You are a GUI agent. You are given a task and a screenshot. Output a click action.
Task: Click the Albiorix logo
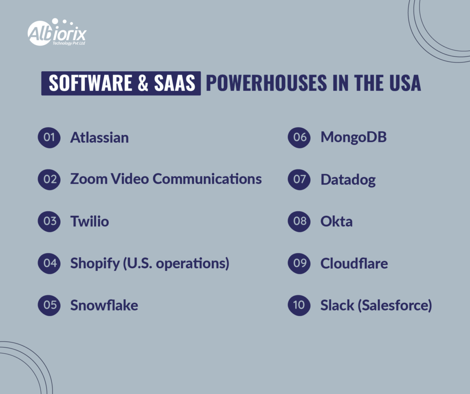(56, 34)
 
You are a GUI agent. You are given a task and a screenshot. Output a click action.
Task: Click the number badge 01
(49, 137)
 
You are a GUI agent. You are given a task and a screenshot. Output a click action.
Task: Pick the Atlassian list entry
(99, 137)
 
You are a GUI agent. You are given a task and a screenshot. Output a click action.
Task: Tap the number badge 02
(49, 179)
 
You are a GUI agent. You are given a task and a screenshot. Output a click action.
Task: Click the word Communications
(207, 179)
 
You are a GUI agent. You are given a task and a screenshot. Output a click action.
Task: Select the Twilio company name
(90, 221)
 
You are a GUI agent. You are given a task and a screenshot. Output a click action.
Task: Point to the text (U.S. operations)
(178, 264)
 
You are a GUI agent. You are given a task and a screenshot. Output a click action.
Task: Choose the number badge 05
(49, 305)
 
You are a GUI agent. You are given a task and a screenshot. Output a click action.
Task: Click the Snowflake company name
(104, 305)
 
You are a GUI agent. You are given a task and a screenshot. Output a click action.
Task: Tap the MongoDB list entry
(353, 137)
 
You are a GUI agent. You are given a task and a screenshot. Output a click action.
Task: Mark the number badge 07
(299, 179)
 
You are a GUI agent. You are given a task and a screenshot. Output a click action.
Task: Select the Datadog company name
(347, 180)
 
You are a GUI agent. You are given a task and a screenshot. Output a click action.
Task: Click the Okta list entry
(336, 221)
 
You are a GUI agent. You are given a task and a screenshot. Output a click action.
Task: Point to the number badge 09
(299, 263)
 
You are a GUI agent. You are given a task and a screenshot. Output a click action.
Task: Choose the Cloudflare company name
(354, 263)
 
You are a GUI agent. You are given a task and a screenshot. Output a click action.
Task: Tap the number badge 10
(299, 305)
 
